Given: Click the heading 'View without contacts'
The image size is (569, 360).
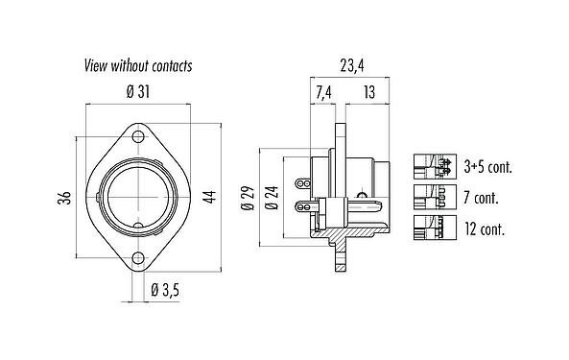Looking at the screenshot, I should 137,66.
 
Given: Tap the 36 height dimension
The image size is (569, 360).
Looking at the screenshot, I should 63,198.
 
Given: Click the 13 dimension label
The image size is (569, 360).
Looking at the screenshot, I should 368,93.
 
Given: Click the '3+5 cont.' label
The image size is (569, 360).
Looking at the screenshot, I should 486,166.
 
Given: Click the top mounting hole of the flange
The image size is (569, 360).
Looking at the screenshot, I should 142,137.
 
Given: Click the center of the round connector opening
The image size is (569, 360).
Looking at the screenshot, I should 142,198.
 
